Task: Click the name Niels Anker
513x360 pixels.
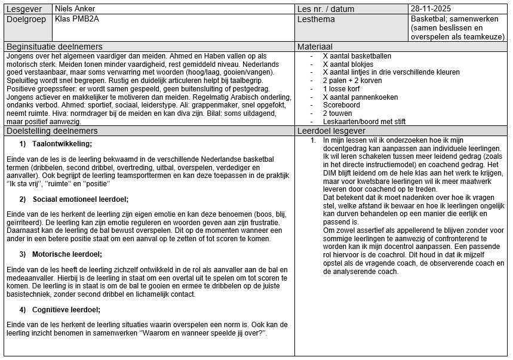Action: (x=75, y=9)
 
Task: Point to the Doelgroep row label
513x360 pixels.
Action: (x=26, y=19)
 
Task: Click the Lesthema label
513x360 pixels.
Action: (x=316, y=19)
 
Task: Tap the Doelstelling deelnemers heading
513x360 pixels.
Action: (x=51, y=131)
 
